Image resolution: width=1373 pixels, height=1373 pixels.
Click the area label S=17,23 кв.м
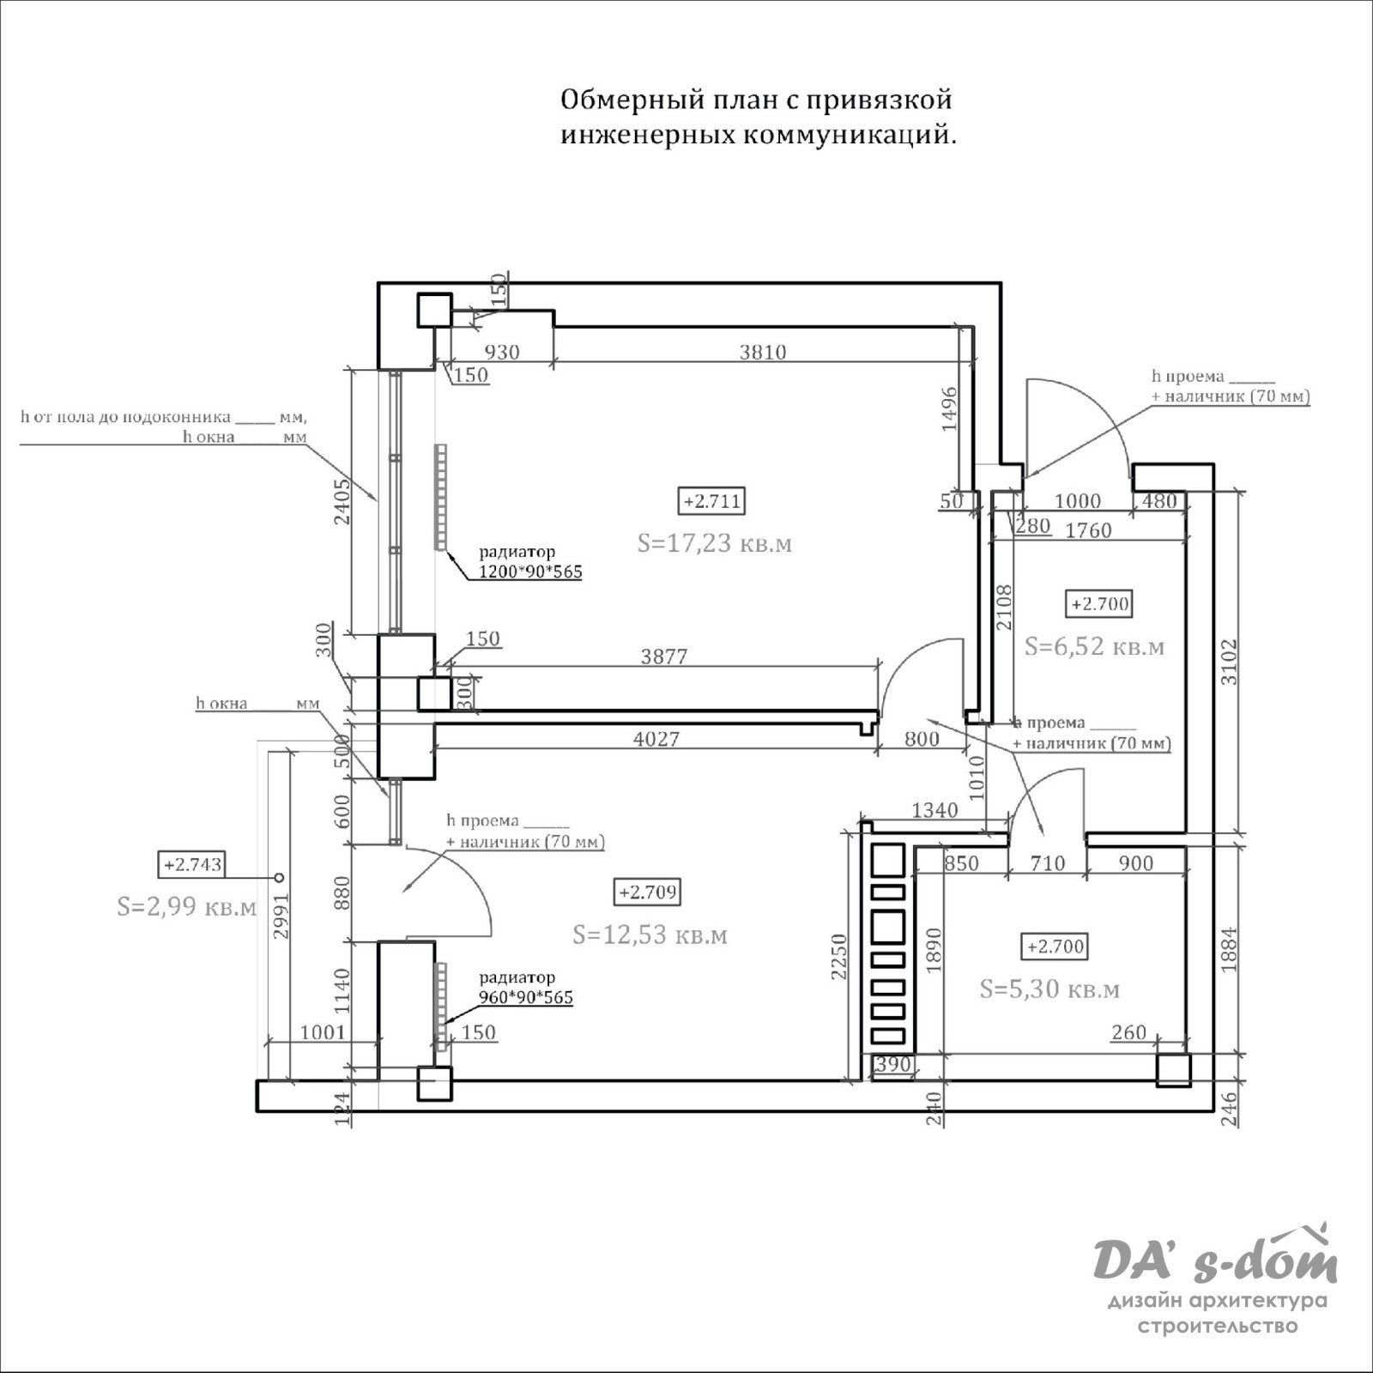pos(714,543)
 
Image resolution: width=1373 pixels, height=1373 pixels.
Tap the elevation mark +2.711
pos(712,501)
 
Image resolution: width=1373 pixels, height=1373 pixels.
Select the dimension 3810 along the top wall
pos(763,352)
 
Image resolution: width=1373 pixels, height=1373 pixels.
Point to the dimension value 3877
pos(664,656)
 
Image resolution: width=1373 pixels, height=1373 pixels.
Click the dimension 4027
pos(656,739)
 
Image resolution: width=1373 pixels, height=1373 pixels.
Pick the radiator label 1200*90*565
pos(529,572)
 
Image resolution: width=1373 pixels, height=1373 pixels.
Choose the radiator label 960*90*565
pos(525,997)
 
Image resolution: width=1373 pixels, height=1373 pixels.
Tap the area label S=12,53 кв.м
pos(650,934)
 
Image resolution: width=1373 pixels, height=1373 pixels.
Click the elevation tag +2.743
pos(192,865)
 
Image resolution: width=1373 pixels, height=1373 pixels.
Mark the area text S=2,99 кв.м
pos(186,907)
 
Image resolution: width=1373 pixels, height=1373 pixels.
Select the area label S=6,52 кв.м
pos(1094,646)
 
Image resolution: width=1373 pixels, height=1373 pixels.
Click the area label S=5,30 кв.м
pos(1049,989)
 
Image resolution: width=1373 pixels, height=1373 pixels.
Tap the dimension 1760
pos(1088,530)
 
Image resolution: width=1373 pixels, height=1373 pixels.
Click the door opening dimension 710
pos(1047,863)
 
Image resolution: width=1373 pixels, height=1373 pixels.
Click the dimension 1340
pos(934,810)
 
